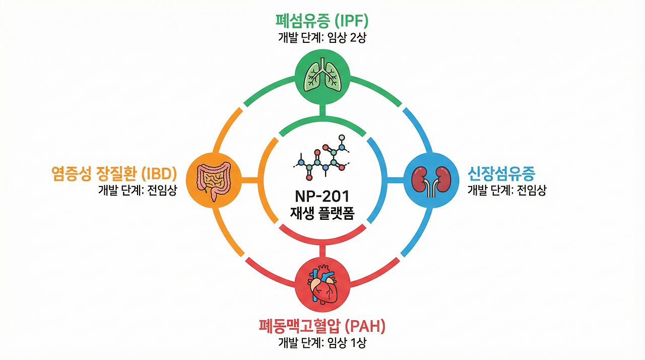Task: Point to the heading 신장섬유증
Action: [501, 174]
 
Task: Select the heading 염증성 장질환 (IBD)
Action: [114, 174]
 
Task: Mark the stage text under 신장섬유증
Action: [507, 190]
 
